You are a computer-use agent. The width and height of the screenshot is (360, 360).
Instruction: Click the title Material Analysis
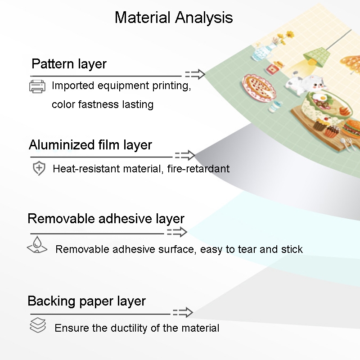click(174, 18)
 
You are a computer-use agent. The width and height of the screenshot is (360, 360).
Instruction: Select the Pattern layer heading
click(69, 64)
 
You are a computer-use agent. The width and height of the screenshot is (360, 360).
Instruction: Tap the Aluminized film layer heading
click(90, 145)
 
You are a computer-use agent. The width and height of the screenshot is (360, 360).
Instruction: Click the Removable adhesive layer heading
click(106, 218)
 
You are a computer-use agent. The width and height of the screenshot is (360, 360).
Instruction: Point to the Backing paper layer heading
click(86, 301)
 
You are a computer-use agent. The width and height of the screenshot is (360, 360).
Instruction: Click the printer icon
click(37, 86)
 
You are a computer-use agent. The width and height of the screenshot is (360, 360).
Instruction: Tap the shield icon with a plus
click(39, 168)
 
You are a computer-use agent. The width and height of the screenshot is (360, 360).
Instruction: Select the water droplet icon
click(37, 245)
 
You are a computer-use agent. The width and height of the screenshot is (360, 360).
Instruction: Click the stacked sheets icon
click(38, 325)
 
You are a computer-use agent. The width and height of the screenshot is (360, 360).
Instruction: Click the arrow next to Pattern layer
click(195, 74)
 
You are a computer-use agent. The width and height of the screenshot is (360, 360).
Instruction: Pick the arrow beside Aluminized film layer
click(185, 155)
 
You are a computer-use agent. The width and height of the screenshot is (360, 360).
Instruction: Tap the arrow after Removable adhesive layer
click(177, 232)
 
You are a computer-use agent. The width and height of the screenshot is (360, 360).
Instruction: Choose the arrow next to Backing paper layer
click(183, 312)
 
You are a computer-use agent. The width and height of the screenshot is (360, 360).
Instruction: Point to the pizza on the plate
click(259, 86)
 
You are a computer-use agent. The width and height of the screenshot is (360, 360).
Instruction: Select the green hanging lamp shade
click(317, 58)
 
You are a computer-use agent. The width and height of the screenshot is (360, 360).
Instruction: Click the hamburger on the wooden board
click(352, 129)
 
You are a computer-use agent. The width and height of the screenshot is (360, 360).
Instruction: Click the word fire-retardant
click(198, 169)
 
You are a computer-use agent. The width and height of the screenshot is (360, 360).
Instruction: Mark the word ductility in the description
click(130, 328)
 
